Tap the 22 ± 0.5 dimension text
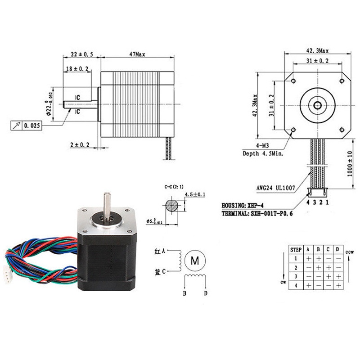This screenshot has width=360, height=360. [81, 54]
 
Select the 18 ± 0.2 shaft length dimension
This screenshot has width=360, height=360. [80, 69]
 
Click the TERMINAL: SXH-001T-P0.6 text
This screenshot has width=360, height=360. [257, 214]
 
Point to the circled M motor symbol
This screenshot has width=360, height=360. [195, 260]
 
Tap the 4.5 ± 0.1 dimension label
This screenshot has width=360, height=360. [195, 194]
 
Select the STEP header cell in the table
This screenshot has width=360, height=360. [295, 249]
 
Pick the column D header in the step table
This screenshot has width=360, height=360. [337, 249]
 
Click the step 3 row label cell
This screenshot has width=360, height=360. [295, 276]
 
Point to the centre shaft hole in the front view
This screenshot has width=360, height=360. [318, 105]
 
